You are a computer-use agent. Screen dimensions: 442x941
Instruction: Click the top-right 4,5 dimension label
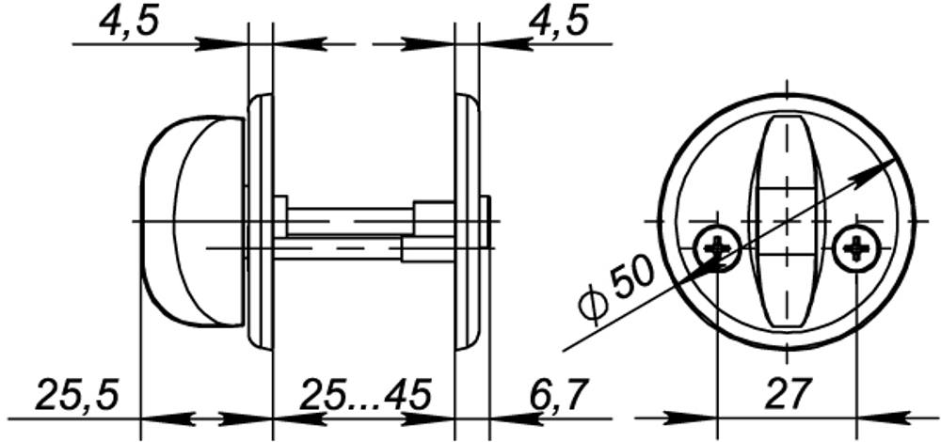[x=563, y=22]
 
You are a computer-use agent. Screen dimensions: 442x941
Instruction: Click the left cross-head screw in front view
[x=717, y=248]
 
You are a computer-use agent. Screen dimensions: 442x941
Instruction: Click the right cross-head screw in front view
[x=857, y=248]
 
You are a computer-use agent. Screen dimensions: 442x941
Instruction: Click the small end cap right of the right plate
[x=486, y=222]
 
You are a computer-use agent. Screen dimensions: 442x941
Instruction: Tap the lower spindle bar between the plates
[x=339, y=248]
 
